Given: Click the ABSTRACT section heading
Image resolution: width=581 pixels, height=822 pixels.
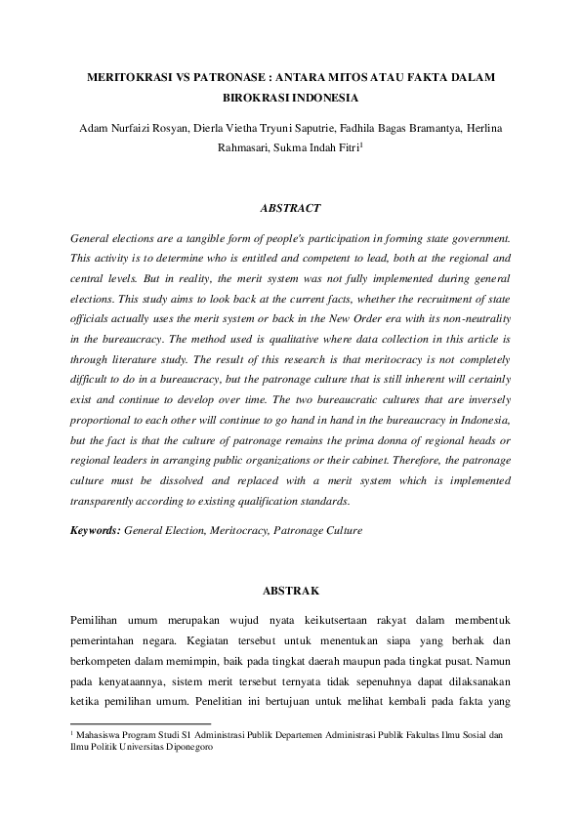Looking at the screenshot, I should coord(290,208).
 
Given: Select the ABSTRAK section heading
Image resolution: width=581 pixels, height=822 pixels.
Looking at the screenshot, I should coord(290,590).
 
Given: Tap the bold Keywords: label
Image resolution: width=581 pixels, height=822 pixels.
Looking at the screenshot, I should coord(95,531).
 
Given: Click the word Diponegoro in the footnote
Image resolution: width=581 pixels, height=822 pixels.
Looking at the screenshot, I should coord(181,747).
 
